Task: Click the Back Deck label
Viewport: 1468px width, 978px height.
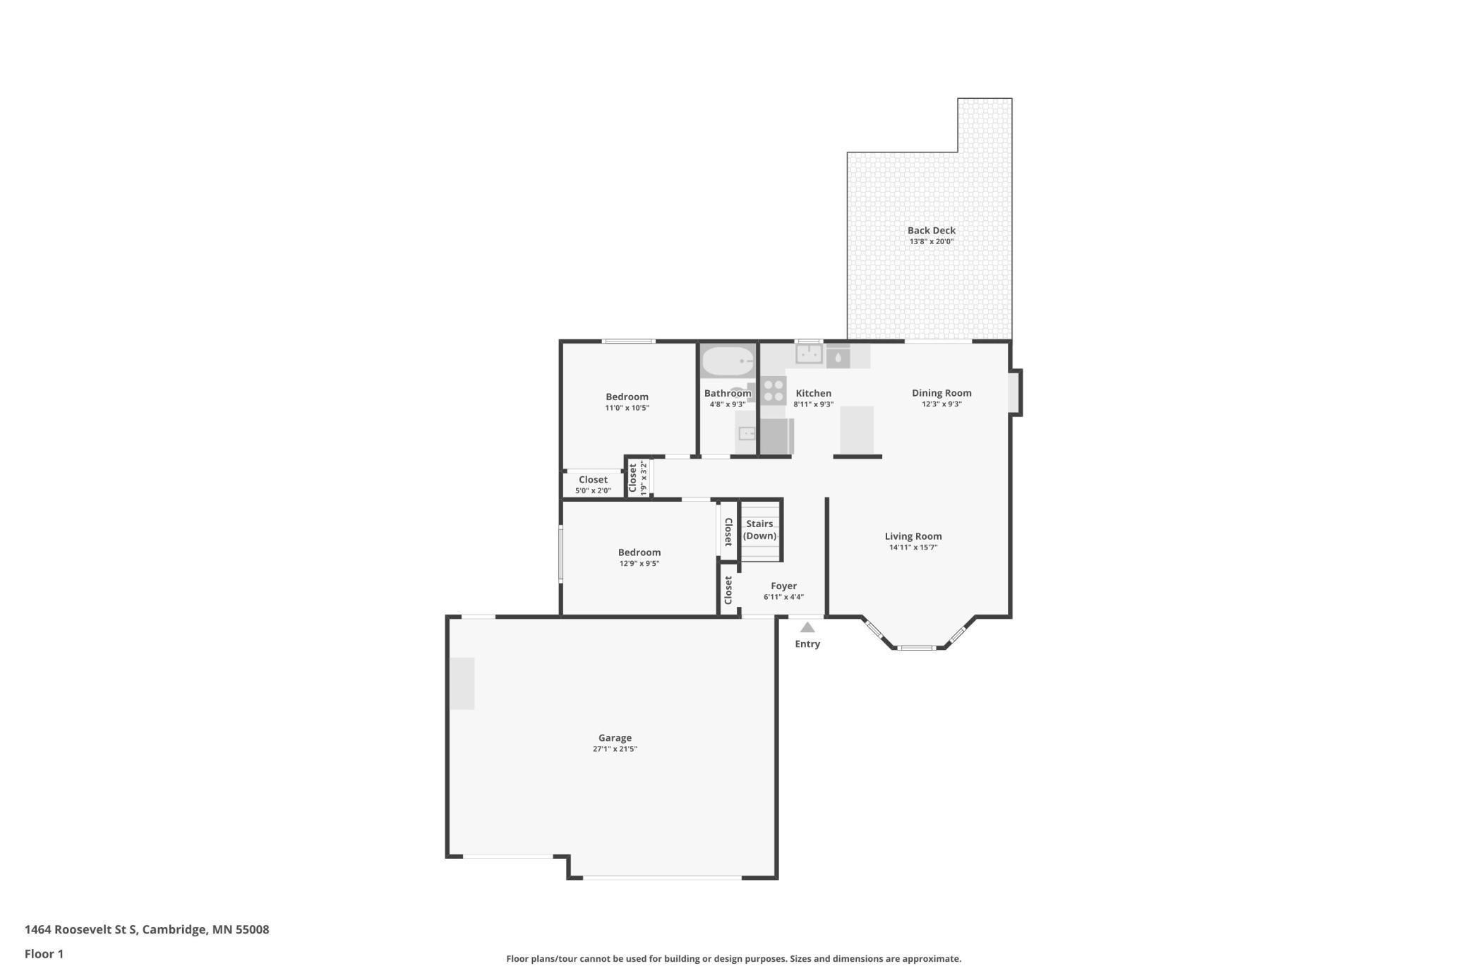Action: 931,230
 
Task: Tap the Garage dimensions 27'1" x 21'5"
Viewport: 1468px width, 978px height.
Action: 615,749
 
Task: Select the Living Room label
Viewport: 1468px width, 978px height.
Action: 913,536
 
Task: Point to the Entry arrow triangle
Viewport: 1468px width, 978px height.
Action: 807,627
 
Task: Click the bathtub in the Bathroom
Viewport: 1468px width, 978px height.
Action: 728,362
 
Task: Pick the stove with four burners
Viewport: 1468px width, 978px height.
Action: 774,391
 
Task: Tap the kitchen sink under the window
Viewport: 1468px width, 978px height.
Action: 809,354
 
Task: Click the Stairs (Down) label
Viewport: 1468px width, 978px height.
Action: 759,529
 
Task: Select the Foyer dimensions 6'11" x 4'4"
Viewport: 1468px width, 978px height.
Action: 783,597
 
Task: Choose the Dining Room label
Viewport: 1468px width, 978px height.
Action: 941,393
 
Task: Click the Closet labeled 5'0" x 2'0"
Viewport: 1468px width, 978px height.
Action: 593,484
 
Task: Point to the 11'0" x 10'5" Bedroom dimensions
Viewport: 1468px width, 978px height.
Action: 627,408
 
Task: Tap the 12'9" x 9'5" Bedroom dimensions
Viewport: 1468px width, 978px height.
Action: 639,564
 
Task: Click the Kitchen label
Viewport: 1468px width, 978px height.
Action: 813,393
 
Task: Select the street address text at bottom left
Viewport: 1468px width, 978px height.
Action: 147,929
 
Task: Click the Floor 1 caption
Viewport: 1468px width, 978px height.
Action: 44,954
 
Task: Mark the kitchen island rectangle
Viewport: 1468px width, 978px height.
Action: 857,430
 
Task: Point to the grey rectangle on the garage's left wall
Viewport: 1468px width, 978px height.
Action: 462,683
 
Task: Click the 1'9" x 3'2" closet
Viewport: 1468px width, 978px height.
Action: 638,478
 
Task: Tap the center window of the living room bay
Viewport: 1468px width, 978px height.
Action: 916,648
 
